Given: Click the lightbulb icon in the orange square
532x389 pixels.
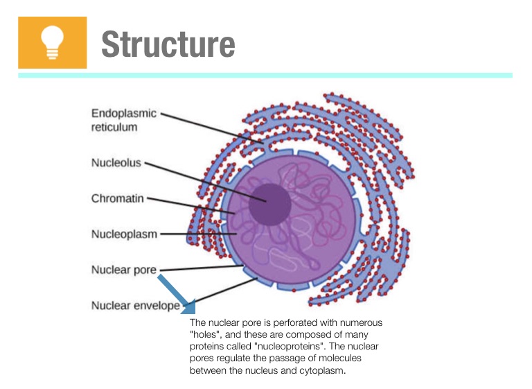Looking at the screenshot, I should pyautogui.click(x=52, y=42).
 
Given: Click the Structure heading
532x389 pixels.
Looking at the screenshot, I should pyautogui.click(x=168, y=44).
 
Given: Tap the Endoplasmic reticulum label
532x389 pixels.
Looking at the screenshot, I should pyautogui.click(x=123, y=120).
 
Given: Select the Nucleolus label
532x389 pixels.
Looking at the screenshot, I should pyautogui.click(x=116, y=163).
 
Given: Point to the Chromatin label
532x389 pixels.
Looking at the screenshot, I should pyautogui.click(x=117, y=198).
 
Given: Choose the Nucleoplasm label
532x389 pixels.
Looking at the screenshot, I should pyautogui.click(x=124, y=234).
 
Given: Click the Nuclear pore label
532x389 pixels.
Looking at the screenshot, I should pyautogui.click(x=123, y=270).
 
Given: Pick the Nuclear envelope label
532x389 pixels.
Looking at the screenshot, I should pyautogui.click(x=135, y=306).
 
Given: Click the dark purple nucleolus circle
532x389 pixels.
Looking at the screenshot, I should pyautogui.click(x=269, y=204).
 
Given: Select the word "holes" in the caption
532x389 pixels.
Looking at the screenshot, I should pyautogui.click(x=202, y=335).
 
